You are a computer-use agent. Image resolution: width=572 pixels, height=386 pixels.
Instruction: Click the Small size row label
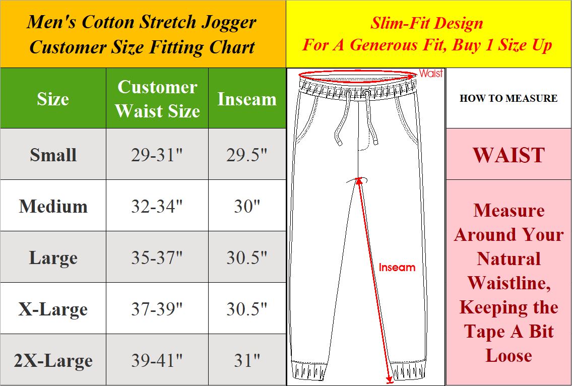(53, 155)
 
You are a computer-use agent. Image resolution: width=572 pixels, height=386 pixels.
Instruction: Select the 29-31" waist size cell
(157, 155)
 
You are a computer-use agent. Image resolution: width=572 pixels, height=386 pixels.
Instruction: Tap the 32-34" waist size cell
(157, 206)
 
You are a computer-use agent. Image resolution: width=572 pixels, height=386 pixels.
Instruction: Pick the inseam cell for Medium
(247, 206)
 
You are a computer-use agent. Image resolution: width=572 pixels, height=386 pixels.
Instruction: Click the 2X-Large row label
(53, 360)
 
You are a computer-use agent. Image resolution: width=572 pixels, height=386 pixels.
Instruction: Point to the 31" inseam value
(247, 360)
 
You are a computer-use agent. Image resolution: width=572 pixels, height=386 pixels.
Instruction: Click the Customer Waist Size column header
(157, 98)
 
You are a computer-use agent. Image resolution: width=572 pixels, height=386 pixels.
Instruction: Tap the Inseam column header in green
(247, 99)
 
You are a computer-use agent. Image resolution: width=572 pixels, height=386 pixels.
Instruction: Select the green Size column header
(53, 99)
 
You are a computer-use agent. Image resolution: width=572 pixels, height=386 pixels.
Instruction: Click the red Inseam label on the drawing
(397, 268)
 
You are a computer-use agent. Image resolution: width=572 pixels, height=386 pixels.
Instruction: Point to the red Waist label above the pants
(431, 74)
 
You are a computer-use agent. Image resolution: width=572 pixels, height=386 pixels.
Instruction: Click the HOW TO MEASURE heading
(509, 98)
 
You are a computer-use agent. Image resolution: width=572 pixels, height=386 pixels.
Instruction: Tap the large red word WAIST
(509, 155)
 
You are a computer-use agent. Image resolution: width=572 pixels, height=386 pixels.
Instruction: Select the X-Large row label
(53, 309)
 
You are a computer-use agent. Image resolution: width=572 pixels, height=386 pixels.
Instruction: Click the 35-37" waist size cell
(157, 258)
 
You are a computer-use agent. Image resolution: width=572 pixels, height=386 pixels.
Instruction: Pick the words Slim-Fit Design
(427, 23)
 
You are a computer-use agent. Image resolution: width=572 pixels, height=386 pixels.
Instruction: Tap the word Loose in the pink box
(509, 355)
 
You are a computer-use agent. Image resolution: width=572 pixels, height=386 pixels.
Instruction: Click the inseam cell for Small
(247, 155)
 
